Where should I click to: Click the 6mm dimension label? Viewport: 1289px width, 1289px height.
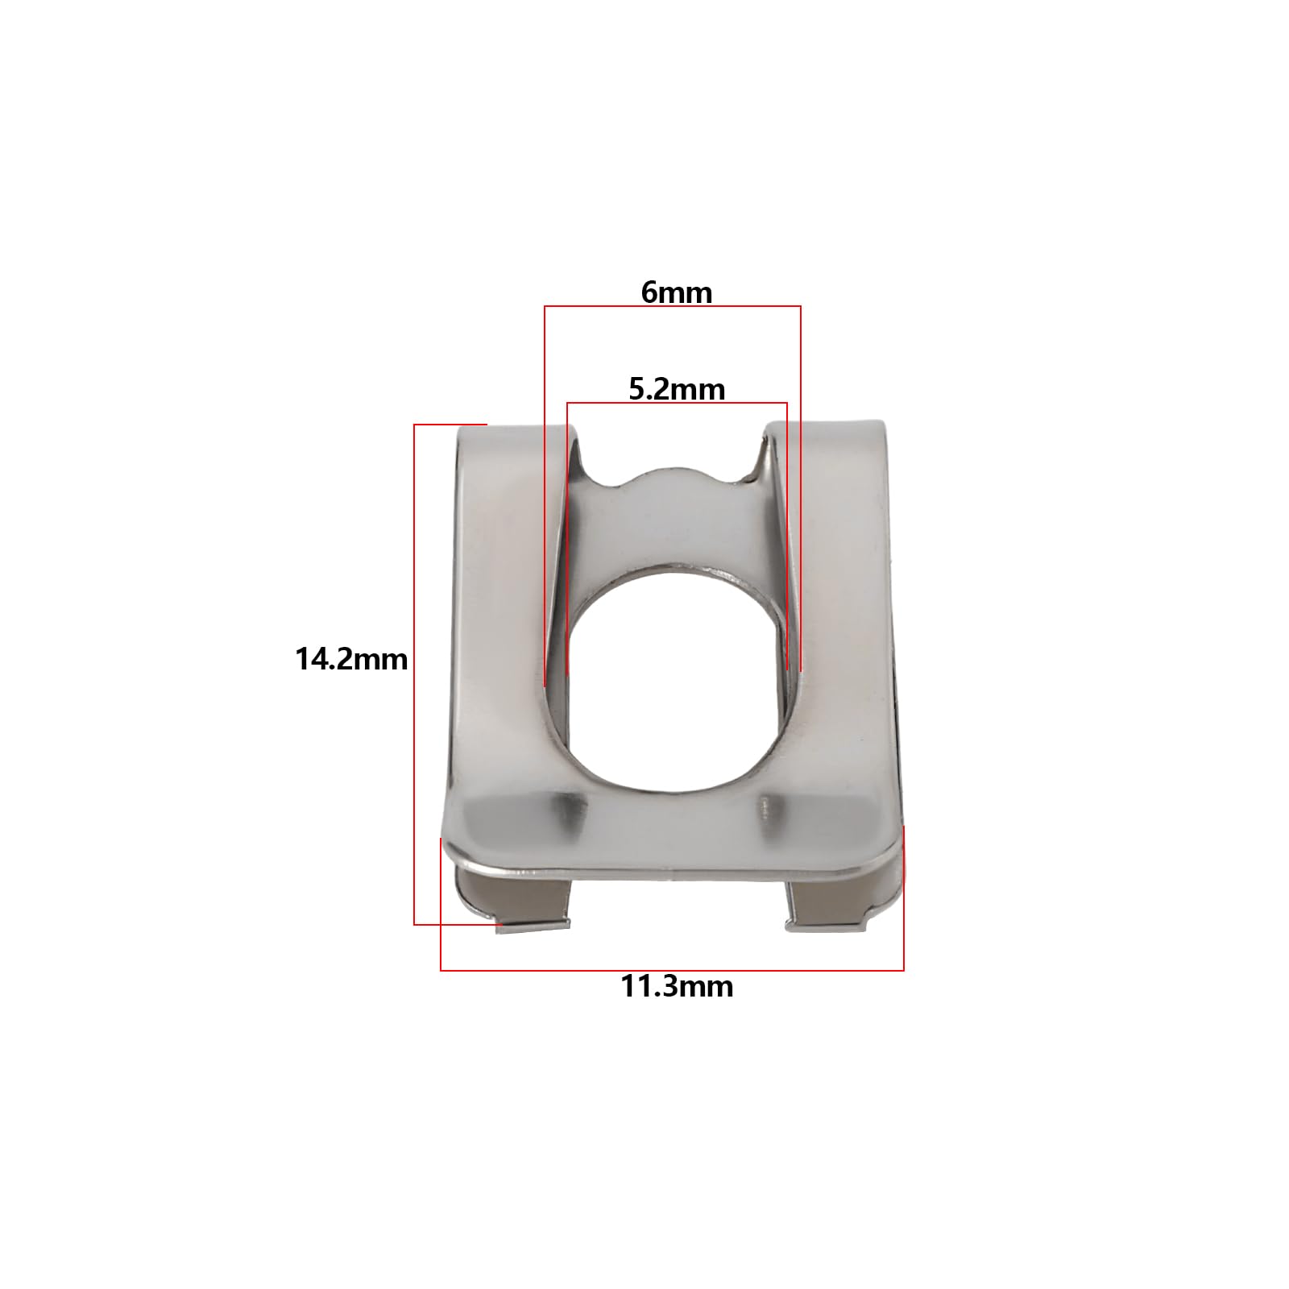click(x=677, y=292)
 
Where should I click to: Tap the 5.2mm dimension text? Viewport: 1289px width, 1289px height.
click(x=677, y=390)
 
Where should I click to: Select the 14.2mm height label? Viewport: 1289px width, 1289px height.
click(x=351, y=660)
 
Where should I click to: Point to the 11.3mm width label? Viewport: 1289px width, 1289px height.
click(x=677, y=986)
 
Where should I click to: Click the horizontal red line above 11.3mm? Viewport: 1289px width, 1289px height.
click(x=672, y=970)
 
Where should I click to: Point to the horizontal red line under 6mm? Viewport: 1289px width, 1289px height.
click(x=673, y=306)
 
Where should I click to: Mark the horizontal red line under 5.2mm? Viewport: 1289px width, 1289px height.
click(x=677, y=403)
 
